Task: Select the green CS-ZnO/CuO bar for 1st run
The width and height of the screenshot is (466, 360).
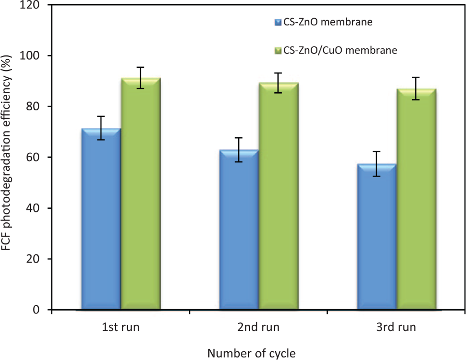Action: point(140,194)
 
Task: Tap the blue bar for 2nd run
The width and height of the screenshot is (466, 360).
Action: point(239,230)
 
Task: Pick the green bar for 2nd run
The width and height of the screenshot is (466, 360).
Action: point(278,196)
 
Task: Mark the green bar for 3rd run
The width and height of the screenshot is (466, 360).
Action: point(416,199)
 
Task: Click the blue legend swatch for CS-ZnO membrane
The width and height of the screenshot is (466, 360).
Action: point(278,22)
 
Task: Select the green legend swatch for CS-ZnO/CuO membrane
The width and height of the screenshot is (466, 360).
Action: point(278,51)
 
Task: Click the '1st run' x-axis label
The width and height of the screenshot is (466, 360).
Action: point(121,328)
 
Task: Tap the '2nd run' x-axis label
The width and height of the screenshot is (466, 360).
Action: point(258,328)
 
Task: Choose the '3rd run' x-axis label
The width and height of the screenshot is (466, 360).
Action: point(396,328)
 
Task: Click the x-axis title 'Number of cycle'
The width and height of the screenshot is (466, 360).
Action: point(252,354)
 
